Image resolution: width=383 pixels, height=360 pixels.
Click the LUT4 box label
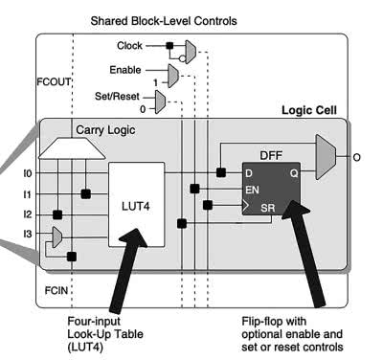click(136, 206)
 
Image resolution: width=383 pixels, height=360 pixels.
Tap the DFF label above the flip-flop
click(271, 156)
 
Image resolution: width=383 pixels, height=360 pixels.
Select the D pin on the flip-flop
click(249, 173)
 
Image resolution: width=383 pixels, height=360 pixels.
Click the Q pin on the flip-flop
click(294, 173)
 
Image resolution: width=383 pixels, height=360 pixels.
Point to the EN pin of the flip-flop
click(252, 190)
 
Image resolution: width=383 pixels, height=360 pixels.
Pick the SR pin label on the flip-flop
click(267, 208)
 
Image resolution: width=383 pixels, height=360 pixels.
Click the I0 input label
click(28, 173)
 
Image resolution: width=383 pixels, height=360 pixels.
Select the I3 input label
click(28, 234)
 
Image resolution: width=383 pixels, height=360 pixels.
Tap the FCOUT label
click(54, 82)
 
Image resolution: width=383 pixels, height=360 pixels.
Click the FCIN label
click(56, 290)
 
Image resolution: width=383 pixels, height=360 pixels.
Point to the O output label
click(356, 157)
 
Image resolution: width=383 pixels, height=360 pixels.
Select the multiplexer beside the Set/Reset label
click(160, 101)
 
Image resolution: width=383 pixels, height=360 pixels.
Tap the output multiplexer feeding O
click(326, 157)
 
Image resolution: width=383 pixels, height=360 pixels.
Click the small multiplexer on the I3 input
click(56, 237)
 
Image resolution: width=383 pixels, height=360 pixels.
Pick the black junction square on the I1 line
click(85, 193)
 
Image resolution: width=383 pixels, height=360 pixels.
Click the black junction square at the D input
click(221, 172)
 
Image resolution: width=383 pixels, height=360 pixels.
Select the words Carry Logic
click(105, 130)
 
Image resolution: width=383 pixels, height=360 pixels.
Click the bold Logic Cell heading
click(309, 110)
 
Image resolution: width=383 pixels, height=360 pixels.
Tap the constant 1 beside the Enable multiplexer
click(156, 83)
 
